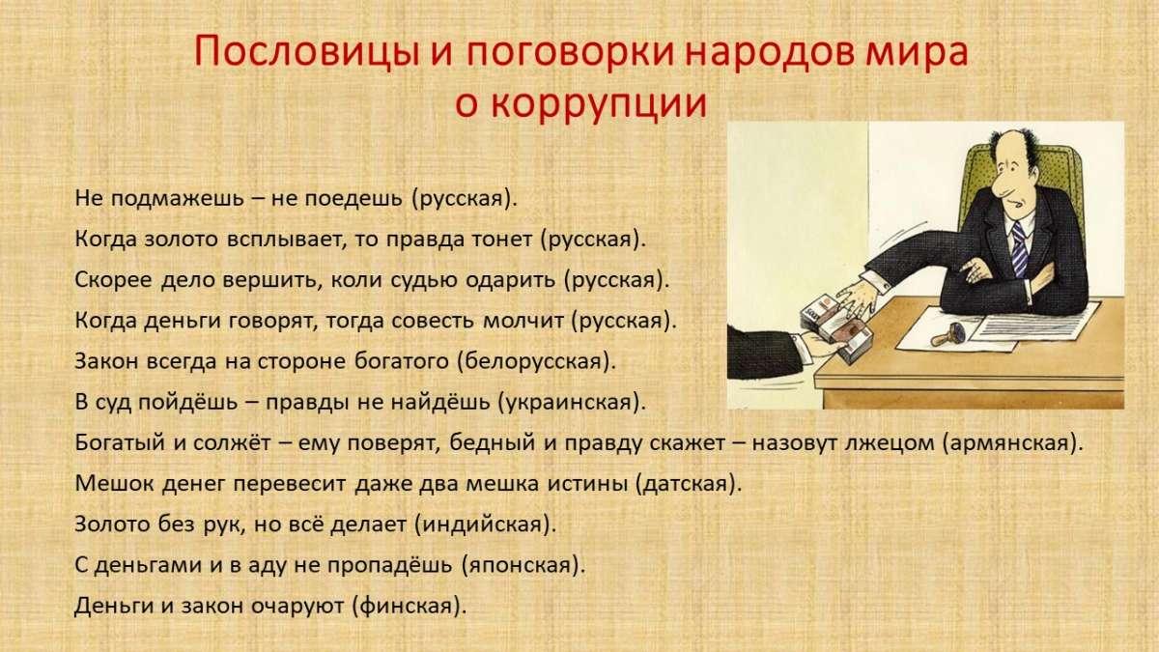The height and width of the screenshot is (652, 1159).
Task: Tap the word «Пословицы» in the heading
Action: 306,52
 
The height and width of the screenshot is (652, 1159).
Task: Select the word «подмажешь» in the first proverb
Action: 178,199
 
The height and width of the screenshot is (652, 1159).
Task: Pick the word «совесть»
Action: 433,321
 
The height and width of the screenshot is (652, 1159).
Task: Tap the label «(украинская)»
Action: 572,403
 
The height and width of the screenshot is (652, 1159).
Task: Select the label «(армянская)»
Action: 1012,443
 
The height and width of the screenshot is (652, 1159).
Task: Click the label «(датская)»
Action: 688,484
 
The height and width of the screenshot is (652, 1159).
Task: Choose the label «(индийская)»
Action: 485,524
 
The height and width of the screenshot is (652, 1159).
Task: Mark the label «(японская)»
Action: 523,566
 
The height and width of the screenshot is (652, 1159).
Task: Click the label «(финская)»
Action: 410,606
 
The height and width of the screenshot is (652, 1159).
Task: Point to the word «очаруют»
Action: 297,607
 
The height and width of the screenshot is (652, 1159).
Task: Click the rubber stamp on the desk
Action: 947,334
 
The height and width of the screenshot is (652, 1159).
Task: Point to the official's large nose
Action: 998,184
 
